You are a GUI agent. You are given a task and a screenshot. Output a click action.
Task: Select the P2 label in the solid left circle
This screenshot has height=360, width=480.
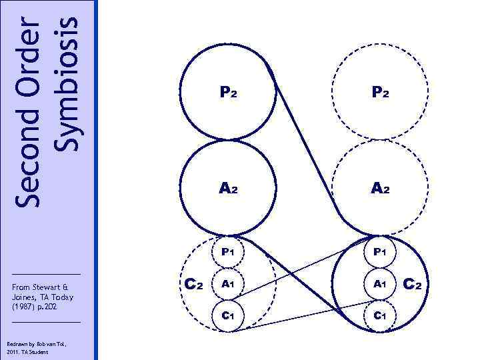(228, 94)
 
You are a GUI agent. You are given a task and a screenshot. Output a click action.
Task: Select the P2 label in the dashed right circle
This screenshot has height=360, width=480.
(380, 94)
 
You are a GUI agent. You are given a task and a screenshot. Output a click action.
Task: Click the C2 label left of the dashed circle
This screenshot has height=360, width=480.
(193, 285)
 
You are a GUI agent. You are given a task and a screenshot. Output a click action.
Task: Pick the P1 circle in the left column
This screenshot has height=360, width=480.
(228, 252)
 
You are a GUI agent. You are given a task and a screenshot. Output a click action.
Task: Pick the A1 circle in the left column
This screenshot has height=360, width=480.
(228, 283)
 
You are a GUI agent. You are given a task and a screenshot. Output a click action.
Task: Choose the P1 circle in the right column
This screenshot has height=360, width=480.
(380, 252)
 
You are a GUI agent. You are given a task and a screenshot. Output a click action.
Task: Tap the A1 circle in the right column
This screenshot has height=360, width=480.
(380, 283)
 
